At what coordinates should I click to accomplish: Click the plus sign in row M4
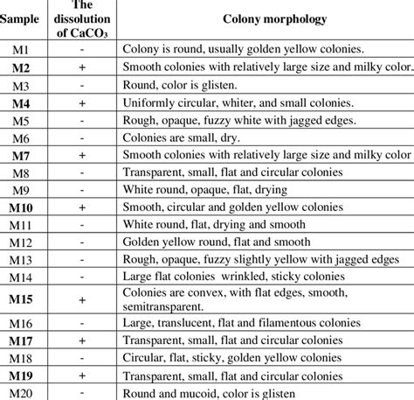(81, 102)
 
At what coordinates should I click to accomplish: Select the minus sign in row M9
(81, 189)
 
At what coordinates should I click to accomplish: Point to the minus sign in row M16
(81, 322)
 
